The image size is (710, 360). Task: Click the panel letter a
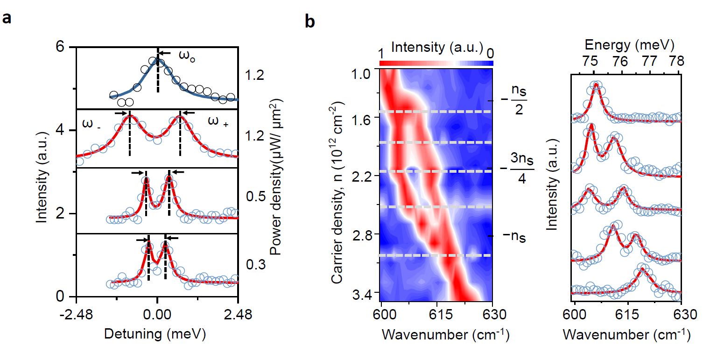(x=7, y=18)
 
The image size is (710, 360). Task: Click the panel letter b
(x=310, y=21)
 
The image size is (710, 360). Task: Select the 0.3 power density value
(x=256, y=265)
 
